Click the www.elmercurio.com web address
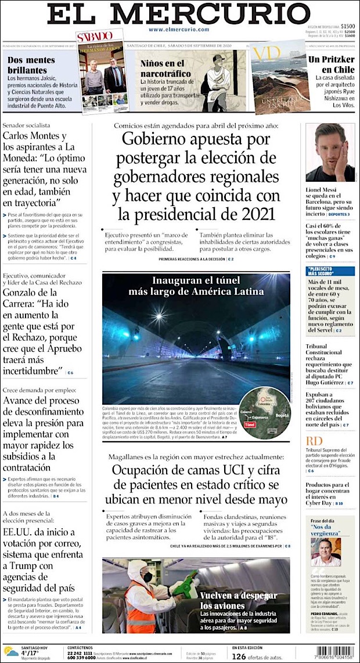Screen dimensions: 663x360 coord(178,30)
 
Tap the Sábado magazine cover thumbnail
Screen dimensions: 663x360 coord(103,70)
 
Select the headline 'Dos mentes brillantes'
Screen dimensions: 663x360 coord(31,64)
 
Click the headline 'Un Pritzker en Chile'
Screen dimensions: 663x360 coord(331,64)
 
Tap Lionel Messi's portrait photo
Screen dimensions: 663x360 coord(330,152)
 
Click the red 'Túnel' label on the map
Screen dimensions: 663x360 coord(250,424)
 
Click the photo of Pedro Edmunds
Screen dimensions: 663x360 coord(326,552)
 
